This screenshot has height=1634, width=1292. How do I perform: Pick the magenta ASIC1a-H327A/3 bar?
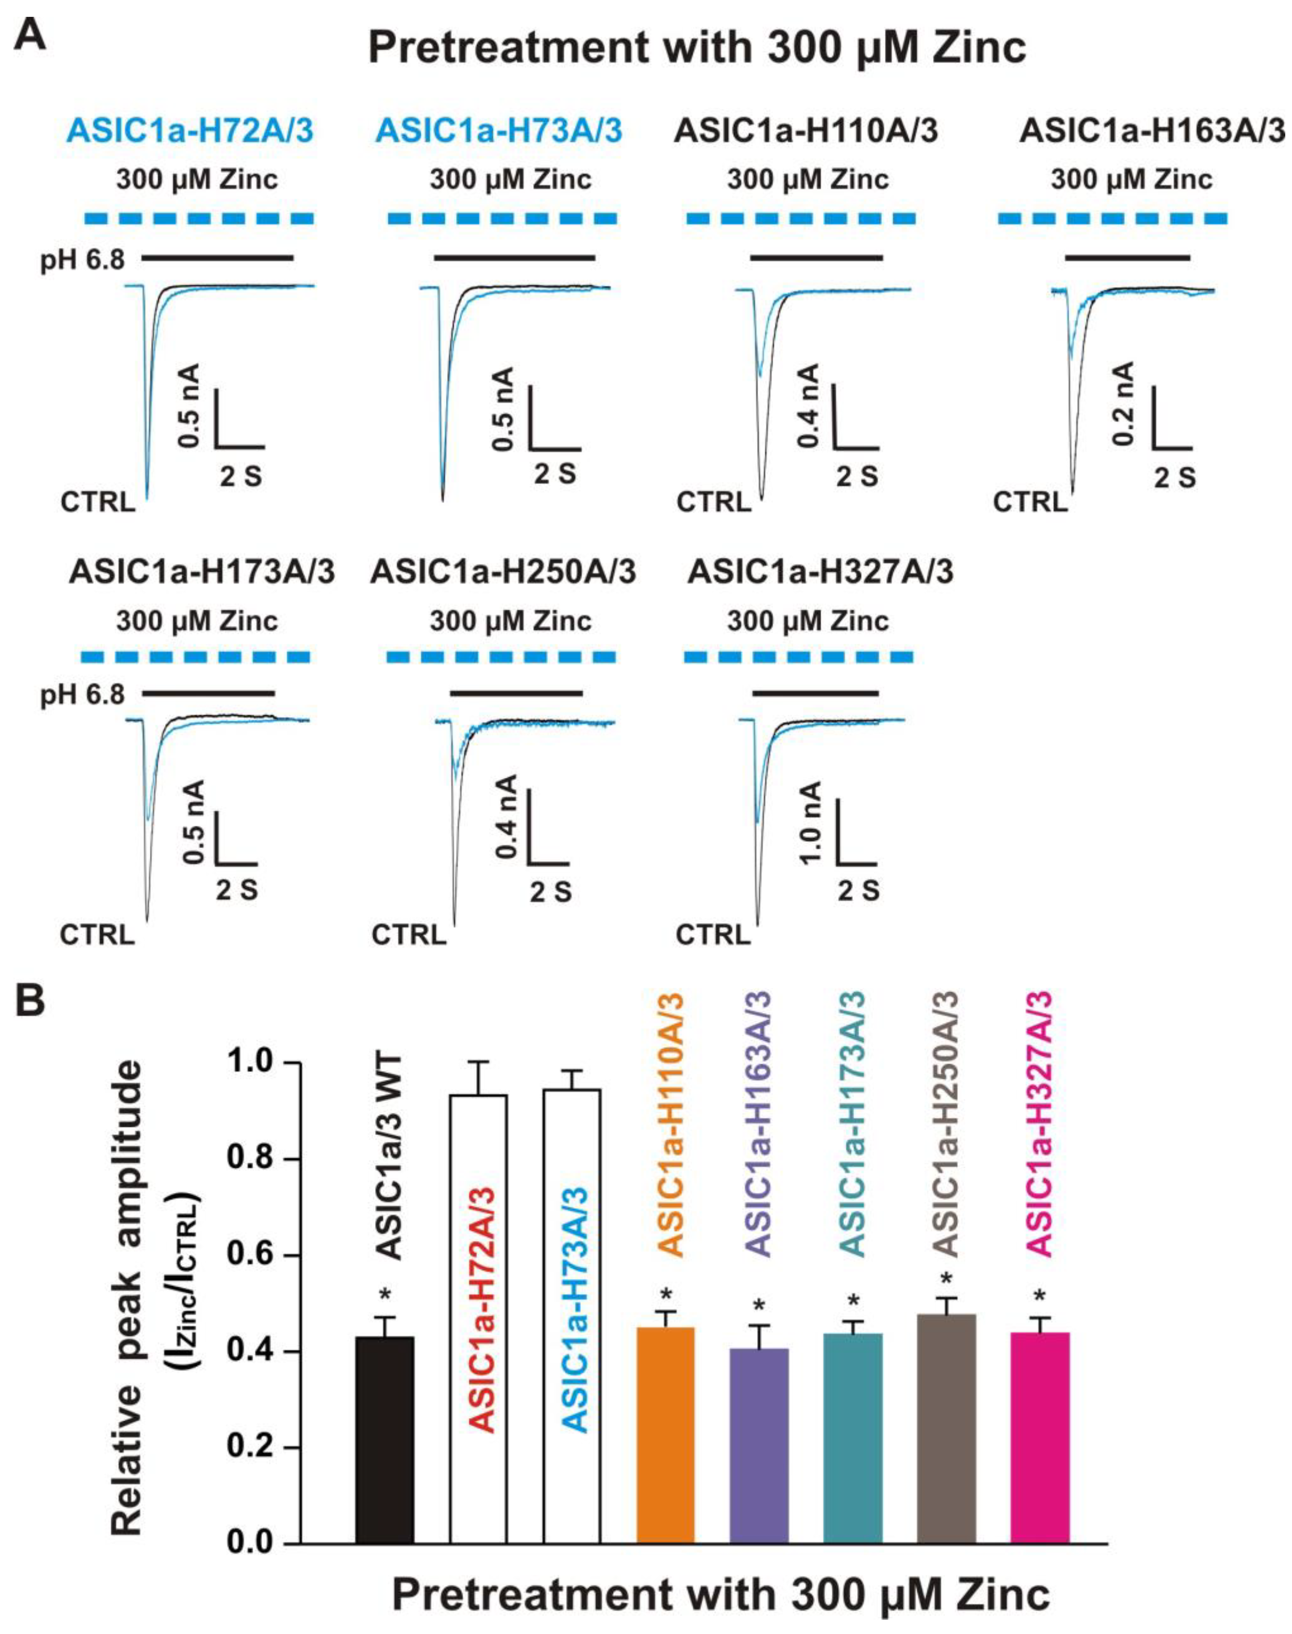pos(1040,1437)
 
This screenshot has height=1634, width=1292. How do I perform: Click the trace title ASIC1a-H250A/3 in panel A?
pos(503,573)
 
